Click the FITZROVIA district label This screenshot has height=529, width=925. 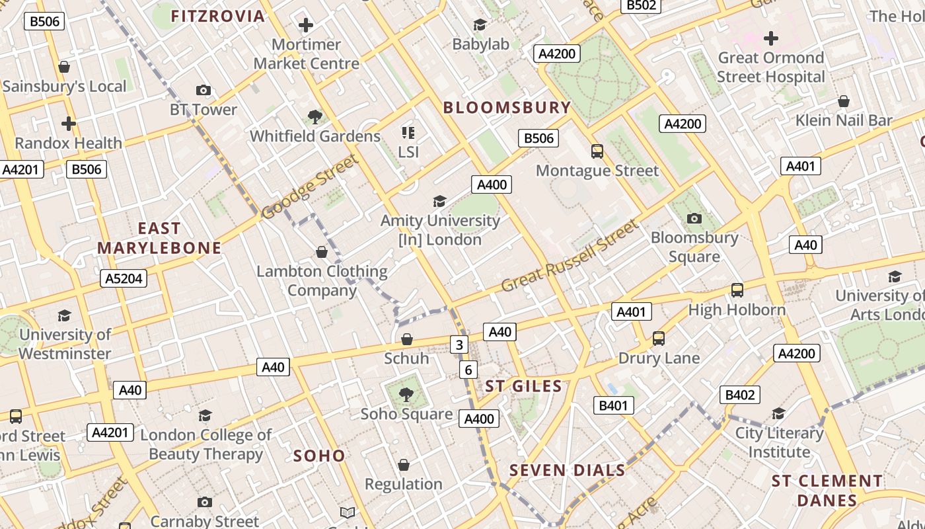217,16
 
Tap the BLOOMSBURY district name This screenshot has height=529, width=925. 507,107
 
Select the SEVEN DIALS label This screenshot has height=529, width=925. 567,470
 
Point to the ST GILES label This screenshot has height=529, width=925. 523,386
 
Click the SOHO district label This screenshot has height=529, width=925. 319,456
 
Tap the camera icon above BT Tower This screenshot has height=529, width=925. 203,90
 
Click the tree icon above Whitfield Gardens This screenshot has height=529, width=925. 315,117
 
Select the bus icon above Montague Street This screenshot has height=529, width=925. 597,151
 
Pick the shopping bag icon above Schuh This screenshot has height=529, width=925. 407,339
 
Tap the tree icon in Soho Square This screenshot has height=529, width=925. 406,395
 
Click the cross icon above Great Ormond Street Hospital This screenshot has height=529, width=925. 770,38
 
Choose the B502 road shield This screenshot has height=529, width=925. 641,5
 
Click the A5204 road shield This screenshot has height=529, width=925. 124,278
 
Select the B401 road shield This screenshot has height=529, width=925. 614,405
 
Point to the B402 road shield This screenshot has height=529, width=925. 739,395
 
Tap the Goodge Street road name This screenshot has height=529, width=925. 310,186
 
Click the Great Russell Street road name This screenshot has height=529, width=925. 570,256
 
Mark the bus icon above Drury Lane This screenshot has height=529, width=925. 658,339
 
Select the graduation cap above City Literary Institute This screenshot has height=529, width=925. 779,414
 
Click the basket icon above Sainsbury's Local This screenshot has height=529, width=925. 64,67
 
